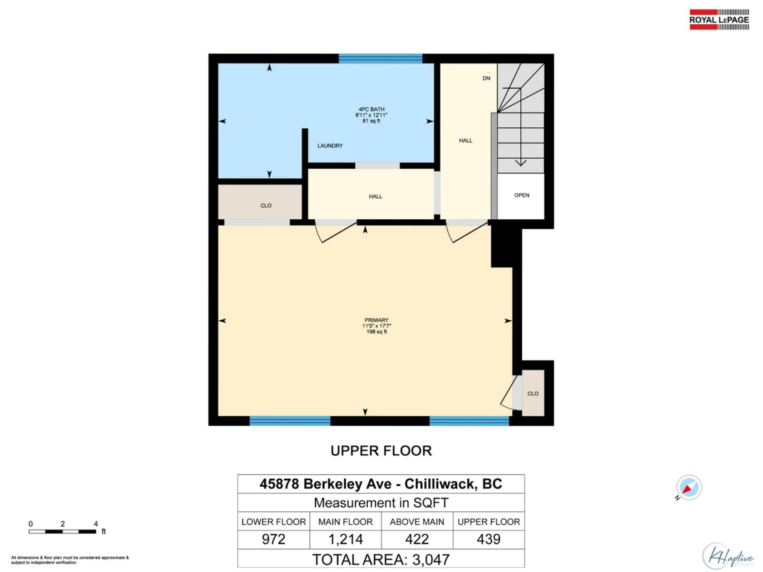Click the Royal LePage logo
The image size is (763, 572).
[719, 20]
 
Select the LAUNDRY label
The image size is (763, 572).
[330, 146]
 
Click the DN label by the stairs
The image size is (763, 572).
[486, 78]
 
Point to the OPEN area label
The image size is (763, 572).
[522, 195]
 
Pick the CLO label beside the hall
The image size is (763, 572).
[266, 205]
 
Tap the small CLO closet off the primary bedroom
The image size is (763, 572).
[533, 394]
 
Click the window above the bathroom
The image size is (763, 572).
[380, 59]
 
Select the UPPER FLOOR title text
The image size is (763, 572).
[381, 451]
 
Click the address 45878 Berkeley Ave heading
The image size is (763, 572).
[381, 484]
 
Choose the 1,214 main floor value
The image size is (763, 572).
[345, 539]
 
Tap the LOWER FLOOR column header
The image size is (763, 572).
[273, 522]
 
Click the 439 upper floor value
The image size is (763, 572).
[488, 539]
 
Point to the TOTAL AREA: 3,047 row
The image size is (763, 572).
[381, 559]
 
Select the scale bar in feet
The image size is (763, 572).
[62, 531]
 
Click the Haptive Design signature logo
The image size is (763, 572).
[728, 556]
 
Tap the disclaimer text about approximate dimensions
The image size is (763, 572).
[70, 560]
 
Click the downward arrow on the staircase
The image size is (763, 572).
[521, 163]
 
